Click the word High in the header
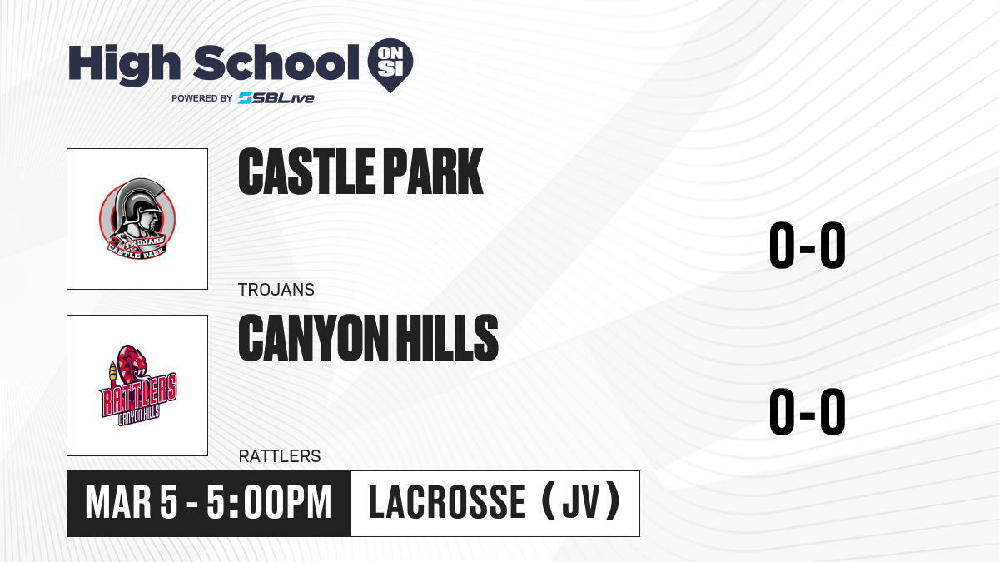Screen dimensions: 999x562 [x=124, y=64]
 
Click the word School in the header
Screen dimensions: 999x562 [x=276, y=62]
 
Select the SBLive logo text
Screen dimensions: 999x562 [x=276, y=98]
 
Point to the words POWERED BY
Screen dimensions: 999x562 [x=202, y=98]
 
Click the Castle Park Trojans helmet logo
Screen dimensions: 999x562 [x=137, y=218]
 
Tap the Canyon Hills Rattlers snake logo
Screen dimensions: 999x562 [x=138, y=385]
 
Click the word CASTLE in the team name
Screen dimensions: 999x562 [x=307, y=172]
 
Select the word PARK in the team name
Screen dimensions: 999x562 [x=433, y=172]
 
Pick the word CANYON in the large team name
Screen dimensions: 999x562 [x=314, y=337]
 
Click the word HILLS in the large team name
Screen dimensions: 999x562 [x=447, y=337]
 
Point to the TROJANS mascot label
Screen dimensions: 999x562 [x=276, y=290]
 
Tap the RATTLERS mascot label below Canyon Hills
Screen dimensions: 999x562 [x=280, y=456]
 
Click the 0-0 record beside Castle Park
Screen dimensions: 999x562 [x=808, y=245]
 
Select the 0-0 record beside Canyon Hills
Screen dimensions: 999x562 [x=808, y=411]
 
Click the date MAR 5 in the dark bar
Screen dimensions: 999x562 [x=132, y=503]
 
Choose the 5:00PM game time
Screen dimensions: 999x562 [x=270, y=503]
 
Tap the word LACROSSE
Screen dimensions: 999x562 [x=448, y=503]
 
